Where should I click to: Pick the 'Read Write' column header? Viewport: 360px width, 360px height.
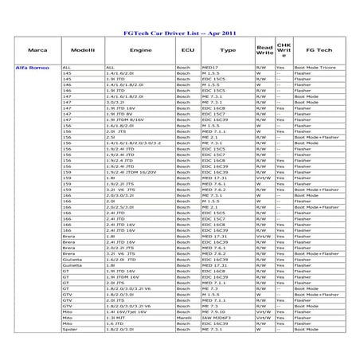point(264,50)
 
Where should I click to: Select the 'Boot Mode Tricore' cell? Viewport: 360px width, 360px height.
point(315,68)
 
